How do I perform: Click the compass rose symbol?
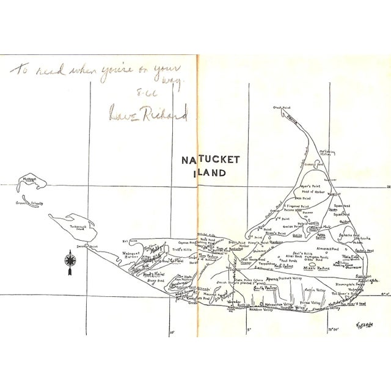[69, 261]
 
